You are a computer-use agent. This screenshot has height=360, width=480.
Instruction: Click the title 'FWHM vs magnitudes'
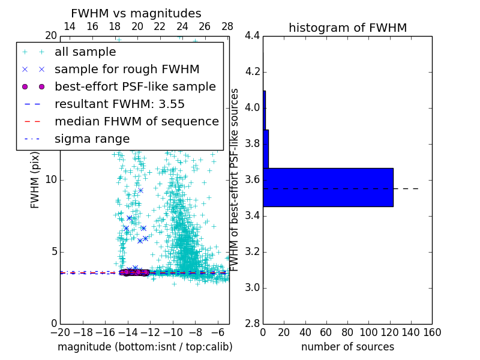[x=136, y=14]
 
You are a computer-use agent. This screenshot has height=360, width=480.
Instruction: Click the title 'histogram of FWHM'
[x=347, y=28]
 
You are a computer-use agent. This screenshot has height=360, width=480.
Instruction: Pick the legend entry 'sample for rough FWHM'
[x=127, y=69]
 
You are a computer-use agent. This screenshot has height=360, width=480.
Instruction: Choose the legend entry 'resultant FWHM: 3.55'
[x=119, y=104]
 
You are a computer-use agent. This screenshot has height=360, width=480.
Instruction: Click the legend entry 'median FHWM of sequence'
[x=136, y=121]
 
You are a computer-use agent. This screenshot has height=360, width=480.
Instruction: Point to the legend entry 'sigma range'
[x=92, y=139]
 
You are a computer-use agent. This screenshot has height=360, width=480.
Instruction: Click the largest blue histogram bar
[x=328, y=187]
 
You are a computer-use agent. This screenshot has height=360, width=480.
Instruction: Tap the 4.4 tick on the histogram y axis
[x=252, y=36]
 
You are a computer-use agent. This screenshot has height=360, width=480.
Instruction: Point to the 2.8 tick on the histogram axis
[x=252, y=323]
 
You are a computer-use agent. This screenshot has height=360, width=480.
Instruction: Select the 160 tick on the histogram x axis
[x=432, y=332]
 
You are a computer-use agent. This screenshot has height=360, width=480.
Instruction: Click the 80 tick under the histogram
[x=347, y=332]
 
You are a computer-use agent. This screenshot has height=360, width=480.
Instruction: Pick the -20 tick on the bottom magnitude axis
[x=60, y=332]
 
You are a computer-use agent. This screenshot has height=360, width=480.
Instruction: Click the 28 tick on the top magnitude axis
[x=227, y=27]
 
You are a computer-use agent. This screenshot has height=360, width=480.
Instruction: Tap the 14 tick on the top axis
[x=70, y=27]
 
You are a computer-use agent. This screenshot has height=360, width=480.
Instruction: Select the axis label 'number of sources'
[x=347, y=347]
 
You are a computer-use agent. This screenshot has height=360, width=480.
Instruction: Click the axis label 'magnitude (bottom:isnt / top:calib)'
[x=145, y=347]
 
